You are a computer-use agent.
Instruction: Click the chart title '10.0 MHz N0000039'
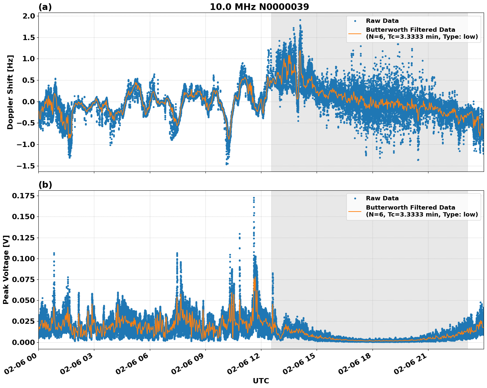[259, 7]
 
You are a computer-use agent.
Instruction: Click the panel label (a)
[45, 7]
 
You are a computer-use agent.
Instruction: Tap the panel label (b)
[45, 185]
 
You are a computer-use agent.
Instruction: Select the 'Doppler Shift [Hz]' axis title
[10, 92]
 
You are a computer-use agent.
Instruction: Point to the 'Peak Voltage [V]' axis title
[6, 269]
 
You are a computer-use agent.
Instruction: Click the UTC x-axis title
[261, 381]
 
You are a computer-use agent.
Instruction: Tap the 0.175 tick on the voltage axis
[23, 196]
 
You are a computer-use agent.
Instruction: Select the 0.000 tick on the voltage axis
[23, 342]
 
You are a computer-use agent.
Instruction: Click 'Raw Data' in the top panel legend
[382, 21]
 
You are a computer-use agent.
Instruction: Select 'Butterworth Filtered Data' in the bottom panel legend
[410, 208]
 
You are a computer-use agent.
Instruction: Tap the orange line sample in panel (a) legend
[355, 33]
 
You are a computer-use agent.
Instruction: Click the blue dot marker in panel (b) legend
[355, 198]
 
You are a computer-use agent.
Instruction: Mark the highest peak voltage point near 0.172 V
[254, 198]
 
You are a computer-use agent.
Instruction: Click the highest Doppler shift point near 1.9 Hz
[300, 20]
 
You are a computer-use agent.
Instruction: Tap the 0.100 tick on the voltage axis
[23, 259]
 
